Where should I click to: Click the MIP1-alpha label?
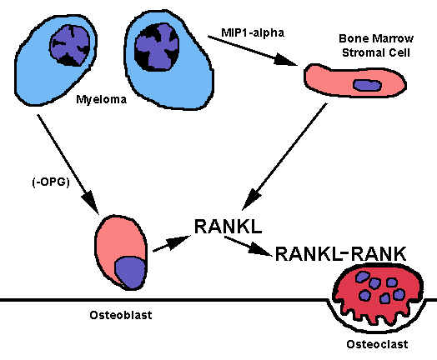[x=253, y=32]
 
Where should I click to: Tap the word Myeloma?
[x=101, y=99]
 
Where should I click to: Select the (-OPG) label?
[x=51, y=182]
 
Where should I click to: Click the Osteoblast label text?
[x=121, y=315]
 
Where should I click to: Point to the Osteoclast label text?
[x=377, y=344]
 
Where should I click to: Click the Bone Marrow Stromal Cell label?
[x=376, y=45]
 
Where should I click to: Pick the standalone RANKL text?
[x=228, y=226]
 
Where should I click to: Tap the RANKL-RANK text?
[x=340, y=253]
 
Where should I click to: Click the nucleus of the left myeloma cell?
[x=70, y=45]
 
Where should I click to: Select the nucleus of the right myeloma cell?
[x=157, y=47]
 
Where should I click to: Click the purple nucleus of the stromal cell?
[x=367, y=85]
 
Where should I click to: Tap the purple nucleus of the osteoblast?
[x=130, y=272]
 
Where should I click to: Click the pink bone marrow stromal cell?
[x=354, y=81]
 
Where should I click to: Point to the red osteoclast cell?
[x=378, y=295]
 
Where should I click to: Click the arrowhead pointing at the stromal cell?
[x=286, y=59]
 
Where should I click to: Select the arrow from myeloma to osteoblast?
[x=68, y=164]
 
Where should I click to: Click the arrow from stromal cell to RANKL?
[x=284, y=157]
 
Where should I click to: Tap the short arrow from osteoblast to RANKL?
[x=172, y=243]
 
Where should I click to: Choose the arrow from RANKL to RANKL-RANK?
[x=249, y=246]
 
